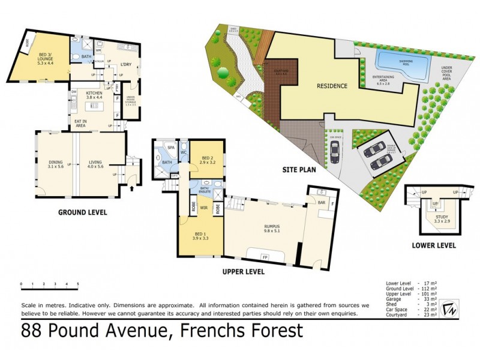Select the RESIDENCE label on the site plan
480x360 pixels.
click(x=332, y=86)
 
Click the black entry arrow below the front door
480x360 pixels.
click(x=133, y=188)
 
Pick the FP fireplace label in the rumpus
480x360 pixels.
click(x=265, y=257)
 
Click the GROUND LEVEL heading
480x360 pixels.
click(x=83, y=212)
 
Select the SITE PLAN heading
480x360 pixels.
click(x=300, y=170)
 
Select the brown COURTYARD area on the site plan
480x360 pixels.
click(x=277, y=78)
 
